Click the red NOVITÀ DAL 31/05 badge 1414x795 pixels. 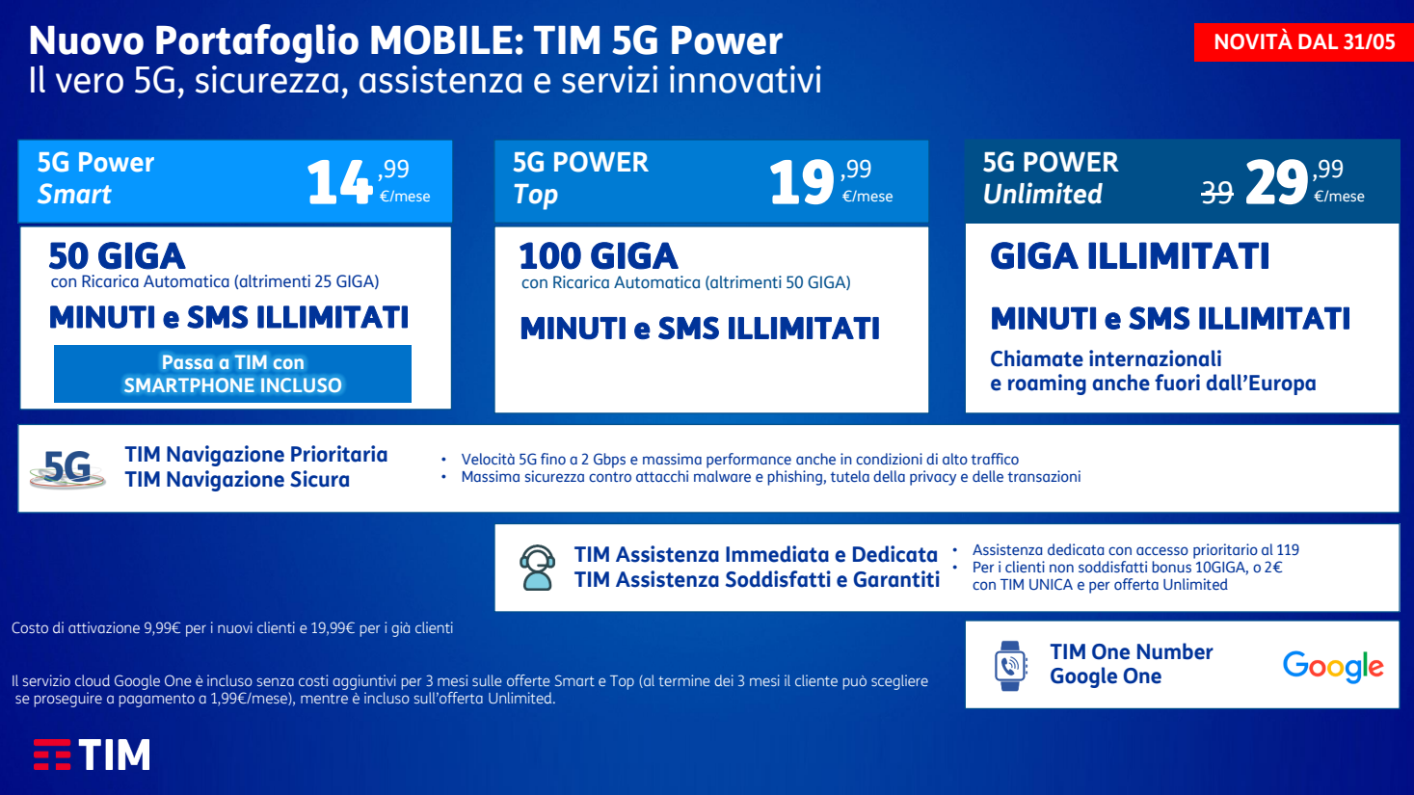[x=1303, y=42]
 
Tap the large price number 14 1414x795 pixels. [x=339, y=182]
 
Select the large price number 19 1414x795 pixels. [x=802, y=182]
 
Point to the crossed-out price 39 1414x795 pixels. [x=1217, y=193]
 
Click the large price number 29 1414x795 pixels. [x=1276, y=182]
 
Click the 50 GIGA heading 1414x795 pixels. [x=117, y=256]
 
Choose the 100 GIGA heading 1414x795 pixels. [x=599, y=256]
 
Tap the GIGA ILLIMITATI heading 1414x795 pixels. [x=1130, y=256]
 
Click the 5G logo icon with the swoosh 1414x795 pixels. [x=67, y=468]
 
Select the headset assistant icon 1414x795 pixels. [x=537, y=568]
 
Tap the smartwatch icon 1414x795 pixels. [x=1010, y=666]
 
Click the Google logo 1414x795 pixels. [x=1333, y=666]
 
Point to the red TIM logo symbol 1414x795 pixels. [x=52, y=755]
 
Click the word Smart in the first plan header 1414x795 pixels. [x=74, y=195]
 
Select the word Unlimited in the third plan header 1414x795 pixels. [x=1043, y=195]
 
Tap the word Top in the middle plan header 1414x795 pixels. [x=535, y=195]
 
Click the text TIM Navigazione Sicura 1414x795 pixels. [x=237, y=480]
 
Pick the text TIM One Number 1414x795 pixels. [x=1132, y=651]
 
